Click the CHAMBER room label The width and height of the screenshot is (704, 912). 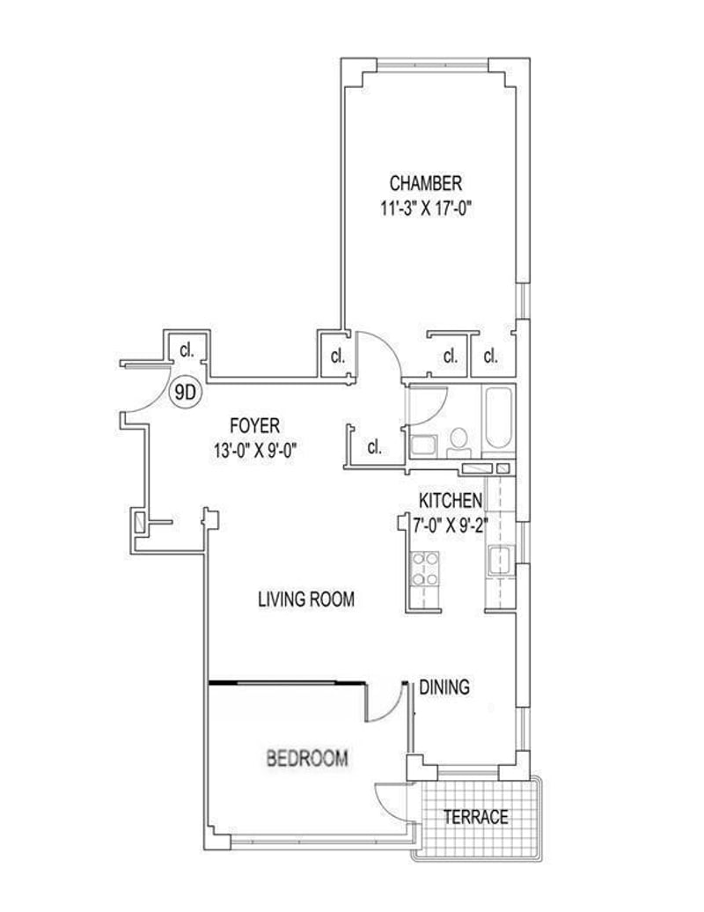(426, 183)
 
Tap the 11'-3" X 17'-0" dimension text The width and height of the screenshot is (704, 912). (425, 209)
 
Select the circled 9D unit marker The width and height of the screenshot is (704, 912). (185, 393)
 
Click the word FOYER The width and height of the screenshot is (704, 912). (254, 426)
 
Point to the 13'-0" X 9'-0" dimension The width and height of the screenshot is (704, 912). (255, 451)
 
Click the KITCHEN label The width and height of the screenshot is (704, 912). (451, 500)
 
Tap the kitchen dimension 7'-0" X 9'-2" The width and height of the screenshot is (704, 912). (450, 526)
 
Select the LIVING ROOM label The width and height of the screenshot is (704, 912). (305, 599)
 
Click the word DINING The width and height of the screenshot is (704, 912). (444, 687)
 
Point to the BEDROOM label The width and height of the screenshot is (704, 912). (307, 759)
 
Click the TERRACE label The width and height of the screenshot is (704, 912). (475, 817)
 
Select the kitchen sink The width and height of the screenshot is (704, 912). (500, 560)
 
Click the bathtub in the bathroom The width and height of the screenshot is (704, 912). (497, 417)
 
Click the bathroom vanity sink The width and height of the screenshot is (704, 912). (423, 445)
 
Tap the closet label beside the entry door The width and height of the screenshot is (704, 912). (186, 350)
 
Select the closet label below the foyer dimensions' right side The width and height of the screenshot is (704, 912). (374, 447)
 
